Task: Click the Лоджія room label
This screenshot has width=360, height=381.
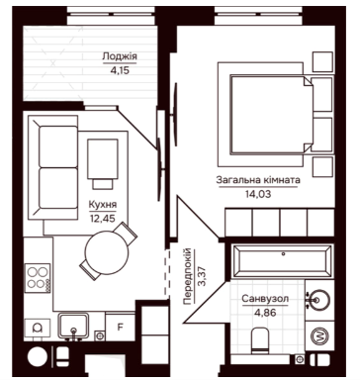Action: [120, 56]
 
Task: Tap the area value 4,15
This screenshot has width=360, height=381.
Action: [120, 70]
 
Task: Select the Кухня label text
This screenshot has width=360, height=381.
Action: [103, 205]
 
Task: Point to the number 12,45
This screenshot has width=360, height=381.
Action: [103, 218]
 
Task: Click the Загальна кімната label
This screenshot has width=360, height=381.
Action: [258, 180]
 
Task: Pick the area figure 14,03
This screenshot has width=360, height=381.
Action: [258, 194]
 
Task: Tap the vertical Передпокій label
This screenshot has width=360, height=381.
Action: [187, 276]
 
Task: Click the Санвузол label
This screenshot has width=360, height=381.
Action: [265, 299]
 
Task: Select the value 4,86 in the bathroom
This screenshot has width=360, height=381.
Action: [265, 312]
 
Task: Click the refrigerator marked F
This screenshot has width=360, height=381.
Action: [121, 328]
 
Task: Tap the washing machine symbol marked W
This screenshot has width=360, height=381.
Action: [319, 336]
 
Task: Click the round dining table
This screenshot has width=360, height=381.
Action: [107, 252]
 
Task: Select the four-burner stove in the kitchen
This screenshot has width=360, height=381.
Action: [37, 278]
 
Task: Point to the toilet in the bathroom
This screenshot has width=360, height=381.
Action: [260, 340]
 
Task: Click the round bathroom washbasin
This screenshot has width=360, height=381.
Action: [318, 300]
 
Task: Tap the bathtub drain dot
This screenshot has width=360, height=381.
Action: [283, 254]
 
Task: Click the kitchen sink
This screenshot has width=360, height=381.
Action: [73, 326]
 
